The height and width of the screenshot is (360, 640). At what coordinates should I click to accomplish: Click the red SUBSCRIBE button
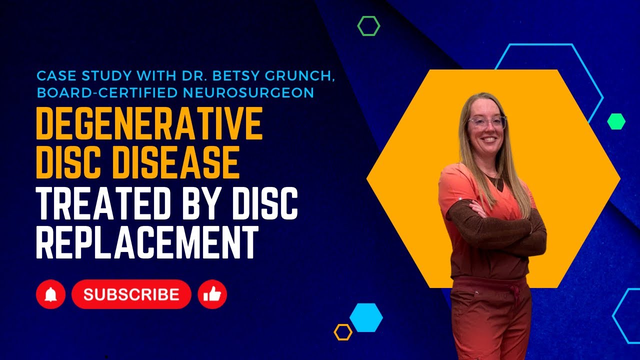pyautogui.click(x=131, y=294)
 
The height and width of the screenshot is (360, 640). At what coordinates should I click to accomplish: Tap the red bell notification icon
pyautogui.click(x=50, y=294)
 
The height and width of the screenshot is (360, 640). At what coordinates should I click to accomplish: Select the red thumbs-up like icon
pyautogui.click(x=212, y=294)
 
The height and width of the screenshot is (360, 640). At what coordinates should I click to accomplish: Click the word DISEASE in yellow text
pyautogui.click(x=185, y=163)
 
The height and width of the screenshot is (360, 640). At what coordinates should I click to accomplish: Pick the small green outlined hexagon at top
pyautogui.click(x=368, y=26)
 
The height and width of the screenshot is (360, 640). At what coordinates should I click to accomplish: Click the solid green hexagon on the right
pyautogui.click(x=616, y=121)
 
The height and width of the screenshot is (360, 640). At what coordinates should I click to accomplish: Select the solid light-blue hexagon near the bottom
pyautogui.click(x=366, y=317)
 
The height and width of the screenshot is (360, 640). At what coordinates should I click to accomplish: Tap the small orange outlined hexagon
pyautogui.click(x=343, y=332)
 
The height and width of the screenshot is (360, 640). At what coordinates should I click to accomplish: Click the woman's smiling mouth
pyautogui.click(x=488, y=139)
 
